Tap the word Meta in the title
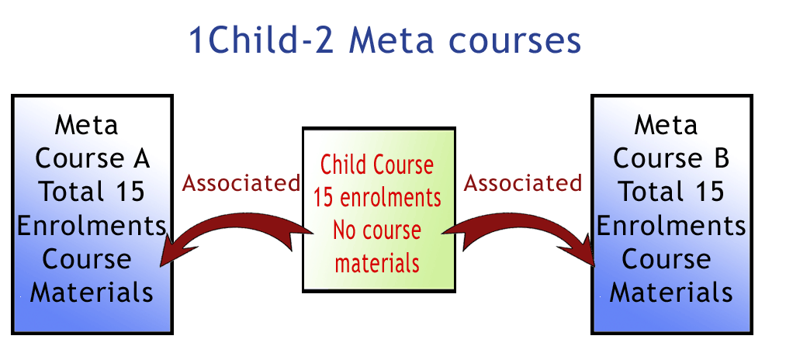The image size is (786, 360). point(392,40)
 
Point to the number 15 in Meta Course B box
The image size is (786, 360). point(709,192)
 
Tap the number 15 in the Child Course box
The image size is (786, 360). point(324,198)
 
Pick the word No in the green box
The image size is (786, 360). point(345,230)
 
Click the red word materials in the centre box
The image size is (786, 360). point(377,263)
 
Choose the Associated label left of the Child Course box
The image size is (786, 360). point(241,184)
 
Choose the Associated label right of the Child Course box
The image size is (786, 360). point(523,184)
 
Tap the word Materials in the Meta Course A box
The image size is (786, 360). point(92,292)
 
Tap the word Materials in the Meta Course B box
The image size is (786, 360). point(671,292)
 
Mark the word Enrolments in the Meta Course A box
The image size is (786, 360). point(92,226)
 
